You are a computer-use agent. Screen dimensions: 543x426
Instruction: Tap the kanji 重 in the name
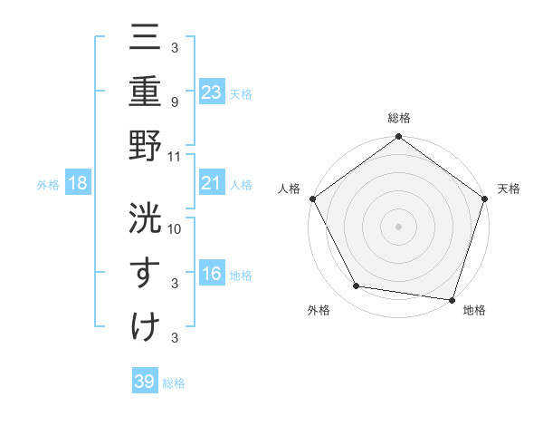(145, 93)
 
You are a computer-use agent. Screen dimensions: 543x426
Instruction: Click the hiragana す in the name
(145, 272)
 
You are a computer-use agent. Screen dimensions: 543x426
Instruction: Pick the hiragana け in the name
(145, 325)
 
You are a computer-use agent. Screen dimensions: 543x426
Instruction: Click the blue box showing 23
(212, 93)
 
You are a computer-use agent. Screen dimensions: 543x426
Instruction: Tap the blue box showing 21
(212, 184)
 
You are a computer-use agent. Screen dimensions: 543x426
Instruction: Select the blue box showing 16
(212, 275)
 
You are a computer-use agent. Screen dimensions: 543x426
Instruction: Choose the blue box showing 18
(78, 184)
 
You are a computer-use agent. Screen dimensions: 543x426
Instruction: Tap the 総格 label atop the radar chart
(399, 118)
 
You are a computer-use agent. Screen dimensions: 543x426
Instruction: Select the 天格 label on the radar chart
(510, 189)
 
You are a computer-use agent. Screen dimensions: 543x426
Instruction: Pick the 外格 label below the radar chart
(318, 311)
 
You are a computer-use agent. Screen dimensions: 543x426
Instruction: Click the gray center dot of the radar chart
(399, 226)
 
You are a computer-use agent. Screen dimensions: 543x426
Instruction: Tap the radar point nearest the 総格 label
(399, 138)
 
